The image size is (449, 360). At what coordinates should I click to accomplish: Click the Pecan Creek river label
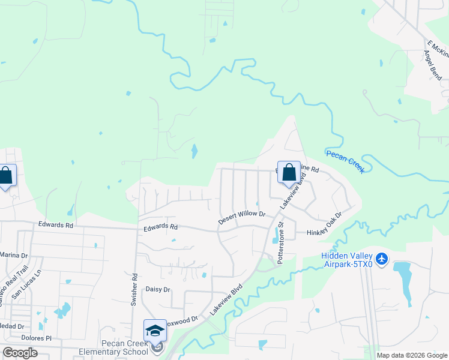click(345, 162)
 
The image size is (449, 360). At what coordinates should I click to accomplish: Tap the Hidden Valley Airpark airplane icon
click(382, 260)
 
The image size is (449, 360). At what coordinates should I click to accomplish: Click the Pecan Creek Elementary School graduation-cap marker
click(155, 331)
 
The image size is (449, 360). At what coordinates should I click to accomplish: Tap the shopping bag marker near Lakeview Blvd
click(289, 172)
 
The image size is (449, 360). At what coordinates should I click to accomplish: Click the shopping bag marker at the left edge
click(6, 176)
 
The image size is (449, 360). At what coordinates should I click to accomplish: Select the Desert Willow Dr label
click(241, 217)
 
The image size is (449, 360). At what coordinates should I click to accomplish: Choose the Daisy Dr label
click(158, 289)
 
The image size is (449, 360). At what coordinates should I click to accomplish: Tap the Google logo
click(20, 353)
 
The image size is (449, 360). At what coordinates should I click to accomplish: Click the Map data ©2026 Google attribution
click(412, 355)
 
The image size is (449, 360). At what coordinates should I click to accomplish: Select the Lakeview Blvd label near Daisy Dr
click(226, 299)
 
